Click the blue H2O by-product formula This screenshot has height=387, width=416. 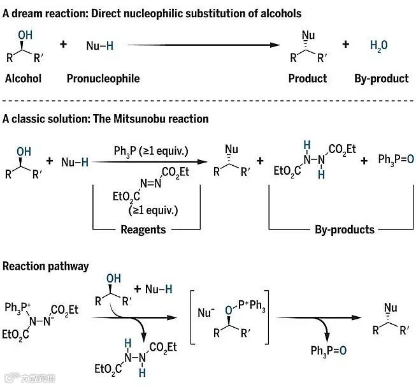coord(379,45)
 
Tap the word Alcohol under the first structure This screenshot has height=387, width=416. coord(23,78)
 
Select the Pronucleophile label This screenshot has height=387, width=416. coord(103,78)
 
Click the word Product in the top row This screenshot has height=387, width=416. coord(307,78)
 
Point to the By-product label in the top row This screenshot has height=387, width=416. coord(381,78)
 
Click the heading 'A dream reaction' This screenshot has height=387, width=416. coord(152,13)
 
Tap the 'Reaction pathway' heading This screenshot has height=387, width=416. coord(46,265)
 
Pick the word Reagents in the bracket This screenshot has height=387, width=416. coord(143,229)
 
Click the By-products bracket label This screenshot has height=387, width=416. coord(344,229)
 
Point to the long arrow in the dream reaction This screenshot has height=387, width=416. coord(204,45)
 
